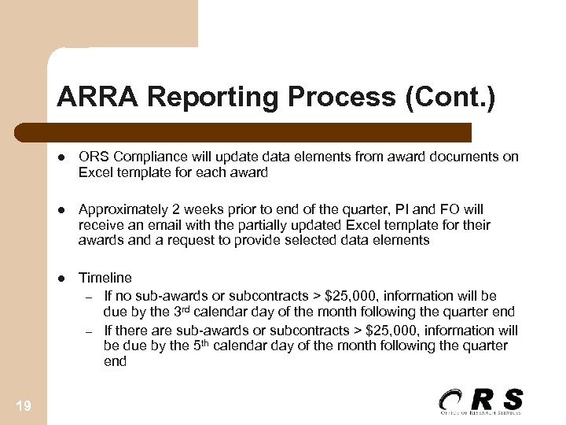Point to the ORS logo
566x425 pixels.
[480, 401]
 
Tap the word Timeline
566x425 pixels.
[105, 278]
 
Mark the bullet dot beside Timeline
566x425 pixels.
[61, 278]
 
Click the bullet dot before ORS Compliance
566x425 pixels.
[61, 157]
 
